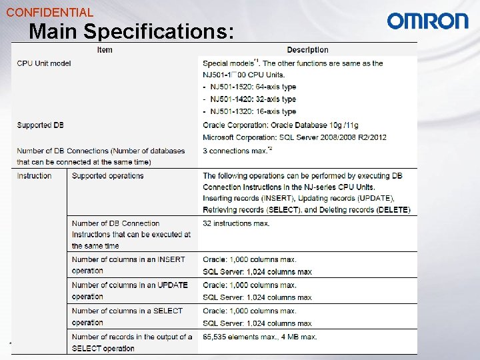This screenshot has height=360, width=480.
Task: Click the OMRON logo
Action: [427, 21]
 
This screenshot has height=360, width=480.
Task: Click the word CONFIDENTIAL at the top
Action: [49, 12]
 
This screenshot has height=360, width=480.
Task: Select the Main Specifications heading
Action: [131, 31]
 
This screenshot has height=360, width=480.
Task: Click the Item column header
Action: [105, 49]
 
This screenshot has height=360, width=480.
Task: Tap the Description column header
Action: [307, 49]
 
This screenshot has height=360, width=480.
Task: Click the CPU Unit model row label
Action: [44, 63]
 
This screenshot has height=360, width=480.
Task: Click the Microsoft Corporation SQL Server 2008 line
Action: [294, 137]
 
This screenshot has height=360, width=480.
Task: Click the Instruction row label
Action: [34, 176]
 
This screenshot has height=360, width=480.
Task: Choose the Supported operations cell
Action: [107, 176]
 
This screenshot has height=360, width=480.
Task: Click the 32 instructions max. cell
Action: [236, 223]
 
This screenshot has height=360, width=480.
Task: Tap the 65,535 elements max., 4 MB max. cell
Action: [260, 337]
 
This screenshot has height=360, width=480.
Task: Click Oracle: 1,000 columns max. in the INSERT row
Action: [249, 259]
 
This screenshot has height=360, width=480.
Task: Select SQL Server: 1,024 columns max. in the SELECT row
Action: [257, 323]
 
